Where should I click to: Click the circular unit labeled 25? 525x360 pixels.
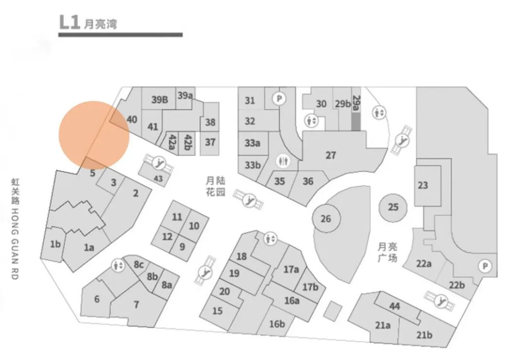[x=393, y=207]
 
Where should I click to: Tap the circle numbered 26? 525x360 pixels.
[x=326, y=218]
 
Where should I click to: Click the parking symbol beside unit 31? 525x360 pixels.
[x=279, y=99]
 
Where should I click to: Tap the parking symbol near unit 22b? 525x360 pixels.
[x=484, y=266]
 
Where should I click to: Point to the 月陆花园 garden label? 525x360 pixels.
[x=216, y=186]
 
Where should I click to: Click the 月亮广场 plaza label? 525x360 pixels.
[x=387, y=252]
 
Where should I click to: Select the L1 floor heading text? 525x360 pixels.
[x=87, y=22]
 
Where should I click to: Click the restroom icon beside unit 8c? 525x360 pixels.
[x=118, y=266]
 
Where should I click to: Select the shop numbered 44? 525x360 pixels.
[x=395, y=306]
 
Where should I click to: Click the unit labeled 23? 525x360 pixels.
[x=423, y=185]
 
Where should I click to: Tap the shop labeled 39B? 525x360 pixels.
[x=159, y=100]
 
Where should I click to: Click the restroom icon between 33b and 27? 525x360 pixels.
[x=282, y=161]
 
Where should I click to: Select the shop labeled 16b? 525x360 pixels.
[x=277, y=323]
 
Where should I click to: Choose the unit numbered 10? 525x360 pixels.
[x=194, y=226]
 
